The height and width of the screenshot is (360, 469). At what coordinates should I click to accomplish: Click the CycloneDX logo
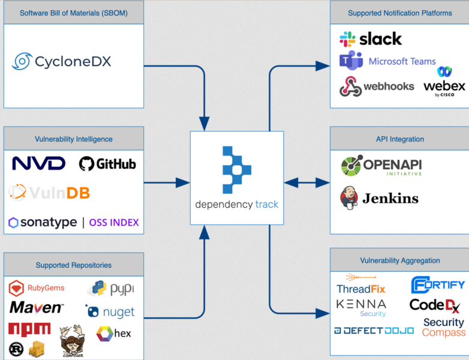click(x=62, y=61)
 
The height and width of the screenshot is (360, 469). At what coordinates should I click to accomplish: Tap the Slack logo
click(x=371, y=39)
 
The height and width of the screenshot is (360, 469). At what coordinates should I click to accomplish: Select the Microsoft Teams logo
click(x=387, y=61)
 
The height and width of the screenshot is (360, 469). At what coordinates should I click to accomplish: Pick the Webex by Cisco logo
click(x=444, y=82)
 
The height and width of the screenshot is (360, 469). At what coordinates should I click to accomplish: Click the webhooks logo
click(x=377, y=86)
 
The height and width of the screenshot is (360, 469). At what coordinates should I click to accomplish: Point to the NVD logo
click(x=38, y=163)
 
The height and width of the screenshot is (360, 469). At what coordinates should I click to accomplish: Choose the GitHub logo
click(x=108, y=164)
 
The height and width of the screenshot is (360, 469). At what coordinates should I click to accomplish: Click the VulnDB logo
click(x=50, y=193)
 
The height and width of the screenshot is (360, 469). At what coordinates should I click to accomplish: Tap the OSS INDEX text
click(x=114, y=223)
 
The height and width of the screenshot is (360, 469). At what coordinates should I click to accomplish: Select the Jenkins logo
click(x=379, y=198)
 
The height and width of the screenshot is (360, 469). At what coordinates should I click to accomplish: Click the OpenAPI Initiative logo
click(x=381, y=166)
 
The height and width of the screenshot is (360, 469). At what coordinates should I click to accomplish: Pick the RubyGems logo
click(x=37, y=288)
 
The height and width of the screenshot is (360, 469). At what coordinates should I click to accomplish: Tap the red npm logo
click(x=29, y=328)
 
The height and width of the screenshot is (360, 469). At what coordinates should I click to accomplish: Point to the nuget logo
click(x=110, y=312)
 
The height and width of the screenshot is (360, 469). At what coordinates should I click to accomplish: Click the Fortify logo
click(x=438, y=284)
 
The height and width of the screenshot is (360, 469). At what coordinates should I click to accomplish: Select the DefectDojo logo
click(x=374, y=331)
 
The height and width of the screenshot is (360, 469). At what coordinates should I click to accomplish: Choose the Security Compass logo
click(x=443, y=327)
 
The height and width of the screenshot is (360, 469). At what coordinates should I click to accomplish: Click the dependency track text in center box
click(x=237, y=205)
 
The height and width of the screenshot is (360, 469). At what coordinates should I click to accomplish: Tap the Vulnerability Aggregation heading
click(x=400, y=260)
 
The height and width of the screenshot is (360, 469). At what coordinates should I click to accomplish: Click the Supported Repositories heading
click(x=74, y=265)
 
